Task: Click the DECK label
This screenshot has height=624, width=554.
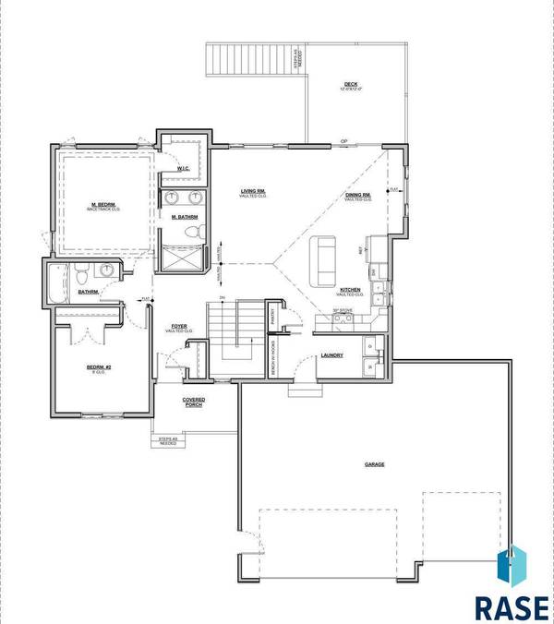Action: click(x=350, y=85)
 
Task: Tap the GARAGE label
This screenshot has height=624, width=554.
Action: click(x=374, y=464)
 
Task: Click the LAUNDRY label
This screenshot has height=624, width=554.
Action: click(x=332, y=354)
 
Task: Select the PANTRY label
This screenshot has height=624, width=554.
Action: click(x=275, y=317)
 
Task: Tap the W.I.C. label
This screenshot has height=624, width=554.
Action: click(x=182, y=169)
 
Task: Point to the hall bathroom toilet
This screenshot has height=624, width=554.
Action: click(x=82, y=274)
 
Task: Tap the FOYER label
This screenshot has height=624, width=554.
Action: click(x=181, y=328)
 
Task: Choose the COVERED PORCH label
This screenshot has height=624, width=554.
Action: click(x=193, y=402)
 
